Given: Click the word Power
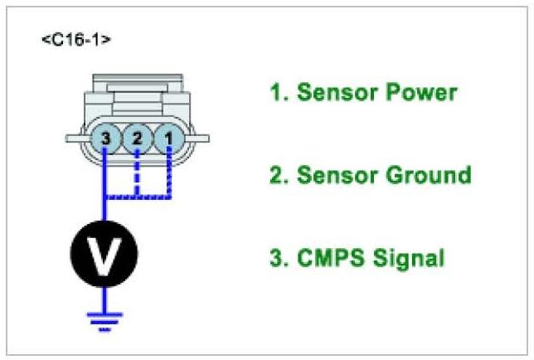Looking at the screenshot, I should pyautogui.click(x=422, y=92).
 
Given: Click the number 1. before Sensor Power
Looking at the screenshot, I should pyautogui.click(x=276, y=92).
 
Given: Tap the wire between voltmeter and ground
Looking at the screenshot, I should pyautogui.click(x=104, y=297).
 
